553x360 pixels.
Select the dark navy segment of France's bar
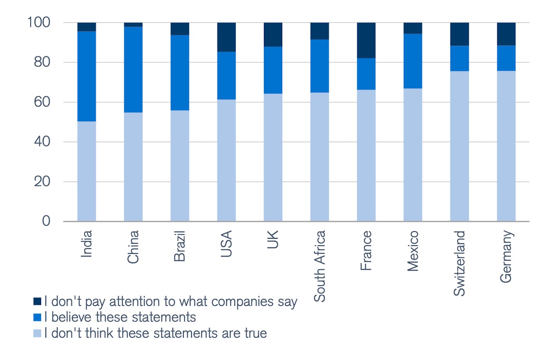click(366, 40)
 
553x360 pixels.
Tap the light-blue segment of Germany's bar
click(506, 146)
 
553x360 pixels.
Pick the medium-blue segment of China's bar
click(133, 69)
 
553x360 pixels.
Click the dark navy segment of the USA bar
click(226, 37)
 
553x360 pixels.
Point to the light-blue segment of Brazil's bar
click(180, 166)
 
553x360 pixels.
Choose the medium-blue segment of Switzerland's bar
click(459, 58)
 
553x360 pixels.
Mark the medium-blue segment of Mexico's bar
click(413, 61)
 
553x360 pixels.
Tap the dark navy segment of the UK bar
click(273, 35)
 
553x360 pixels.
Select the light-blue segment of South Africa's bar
click(320, 157)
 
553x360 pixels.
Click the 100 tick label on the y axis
click(39, 23)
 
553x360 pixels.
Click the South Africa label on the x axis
click(320, 266)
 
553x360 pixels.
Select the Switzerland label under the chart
click(459, 263)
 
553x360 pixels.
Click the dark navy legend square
click(37, 301)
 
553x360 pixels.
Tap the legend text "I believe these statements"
click(121, 317)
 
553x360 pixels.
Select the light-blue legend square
click(37, 333)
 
